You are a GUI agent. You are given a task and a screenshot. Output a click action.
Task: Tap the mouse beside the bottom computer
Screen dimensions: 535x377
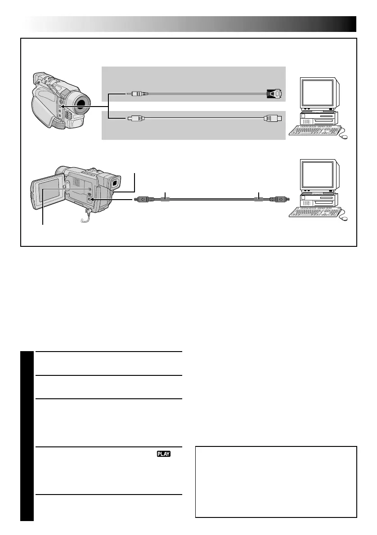pos(345,219)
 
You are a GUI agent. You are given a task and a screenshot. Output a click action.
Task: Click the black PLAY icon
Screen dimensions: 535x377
pos(164,454)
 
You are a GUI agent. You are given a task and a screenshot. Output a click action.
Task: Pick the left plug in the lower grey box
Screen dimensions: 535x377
pos(135,119)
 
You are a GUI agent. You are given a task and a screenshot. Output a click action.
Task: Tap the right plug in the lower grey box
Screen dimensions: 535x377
pos(273,119)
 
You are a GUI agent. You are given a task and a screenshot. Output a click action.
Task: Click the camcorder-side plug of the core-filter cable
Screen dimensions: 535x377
pos(143,199)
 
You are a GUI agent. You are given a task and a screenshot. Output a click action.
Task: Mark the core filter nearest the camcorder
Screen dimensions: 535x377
pos(166,199)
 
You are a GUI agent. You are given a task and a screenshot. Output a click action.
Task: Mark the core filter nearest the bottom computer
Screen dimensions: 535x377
pos(258,199)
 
